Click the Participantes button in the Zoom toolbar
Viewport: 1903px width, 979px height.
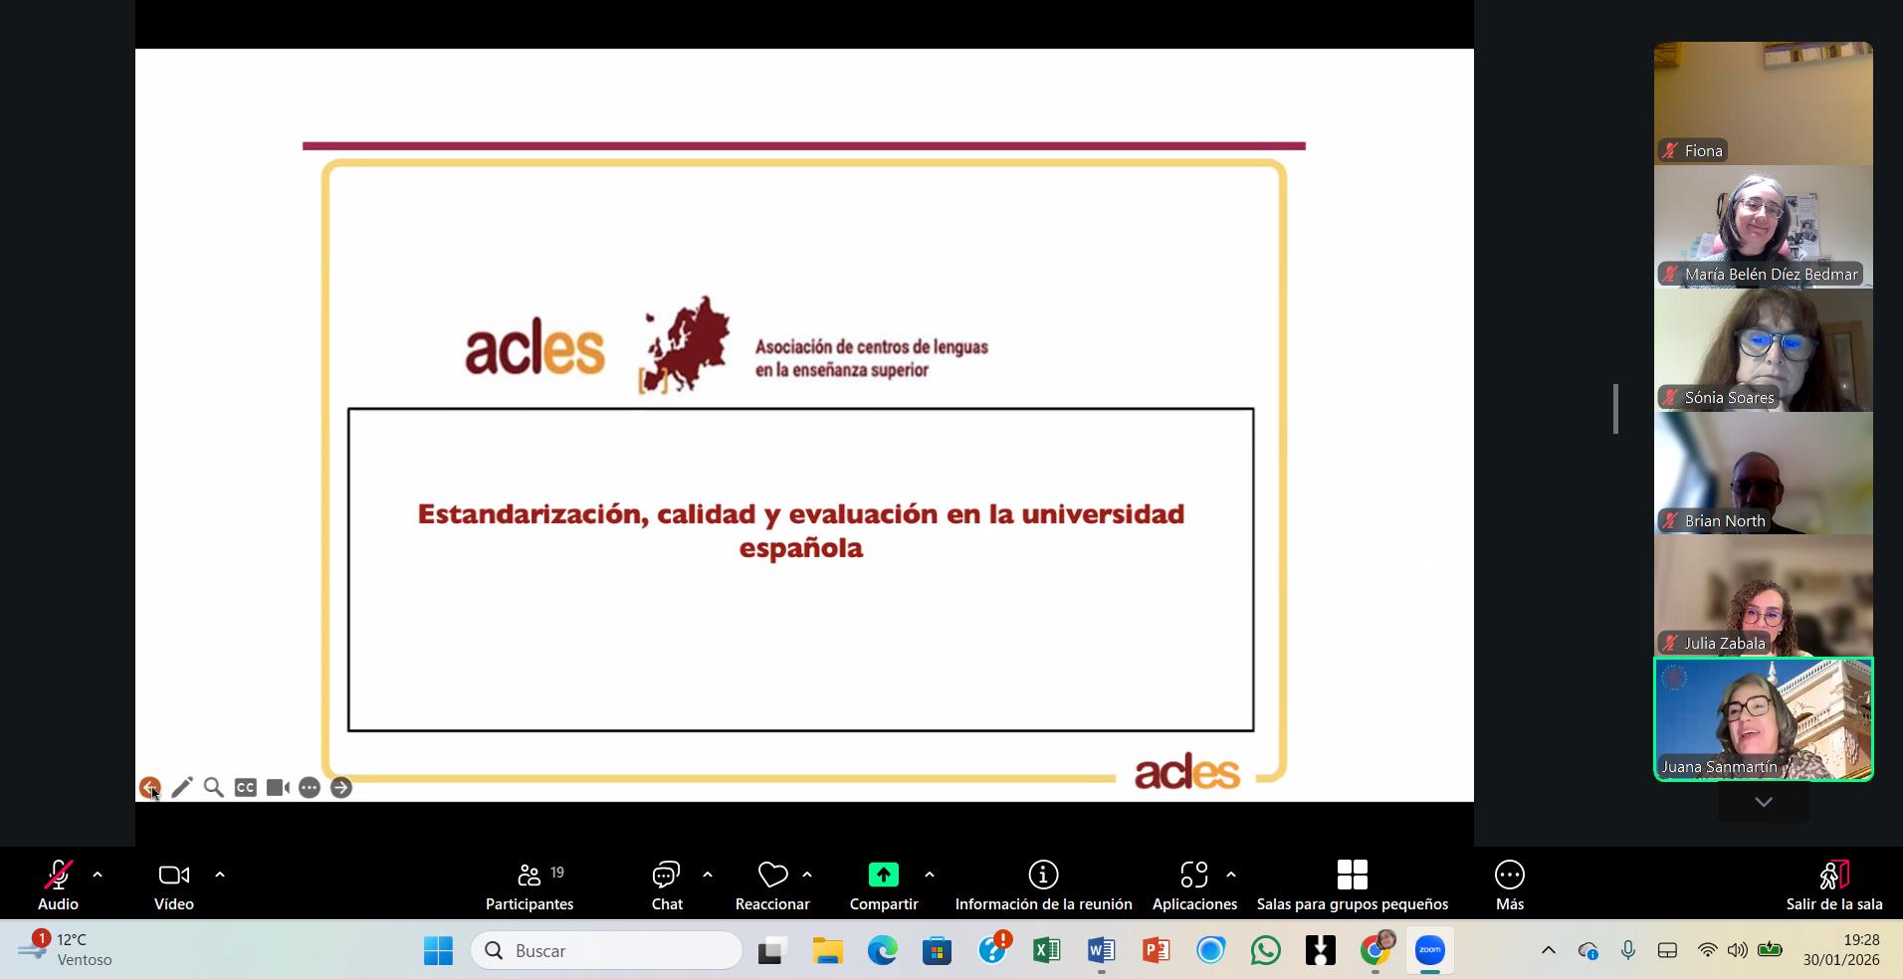coord(529,885)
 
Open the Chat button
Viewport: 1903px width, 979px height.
coord(666,885)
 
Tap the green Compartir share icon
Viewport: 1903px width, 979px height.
coord(883,875)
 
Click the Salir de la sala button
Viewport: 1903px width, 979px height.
coord(1833,885)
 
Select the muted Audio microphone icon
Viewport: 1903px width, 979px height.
coord(58,875)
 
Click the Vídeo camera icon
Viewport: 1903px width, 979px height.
coord(174,875)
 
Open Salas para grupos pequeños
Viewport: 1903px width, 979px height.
coord(1352,885)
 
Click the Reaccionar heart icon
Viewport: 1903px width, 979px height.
coord(772,875)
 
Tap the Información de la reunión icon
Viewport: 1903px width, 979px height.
coord(1043,875)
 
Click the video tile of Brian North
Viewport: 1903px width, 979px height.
coord(1763,474)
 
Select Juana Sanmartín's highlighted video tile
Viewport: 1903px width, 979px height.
coord(1763,719)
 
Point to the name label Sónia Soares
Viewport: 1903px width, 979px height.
coord(1729,398)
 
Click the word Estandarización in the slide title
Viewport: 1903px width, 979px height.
coord(533,514)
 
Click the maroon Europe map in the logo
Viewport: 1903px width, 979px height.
coord(687,344)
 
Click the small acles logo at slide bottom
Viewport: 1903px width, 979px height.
coord(1187,773)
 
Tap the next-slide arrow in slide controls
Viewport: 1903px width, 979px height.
coord(341,788)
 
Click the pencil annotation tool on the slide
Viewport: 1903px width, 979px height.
coord(182,788)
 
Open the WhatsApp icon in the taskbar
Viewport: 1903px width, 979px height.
coord(1265,951)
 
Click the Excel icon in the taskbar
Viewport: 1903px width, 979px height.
coord(1046,951)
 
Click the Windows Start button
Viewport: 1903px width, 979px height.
coord(438,951)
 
